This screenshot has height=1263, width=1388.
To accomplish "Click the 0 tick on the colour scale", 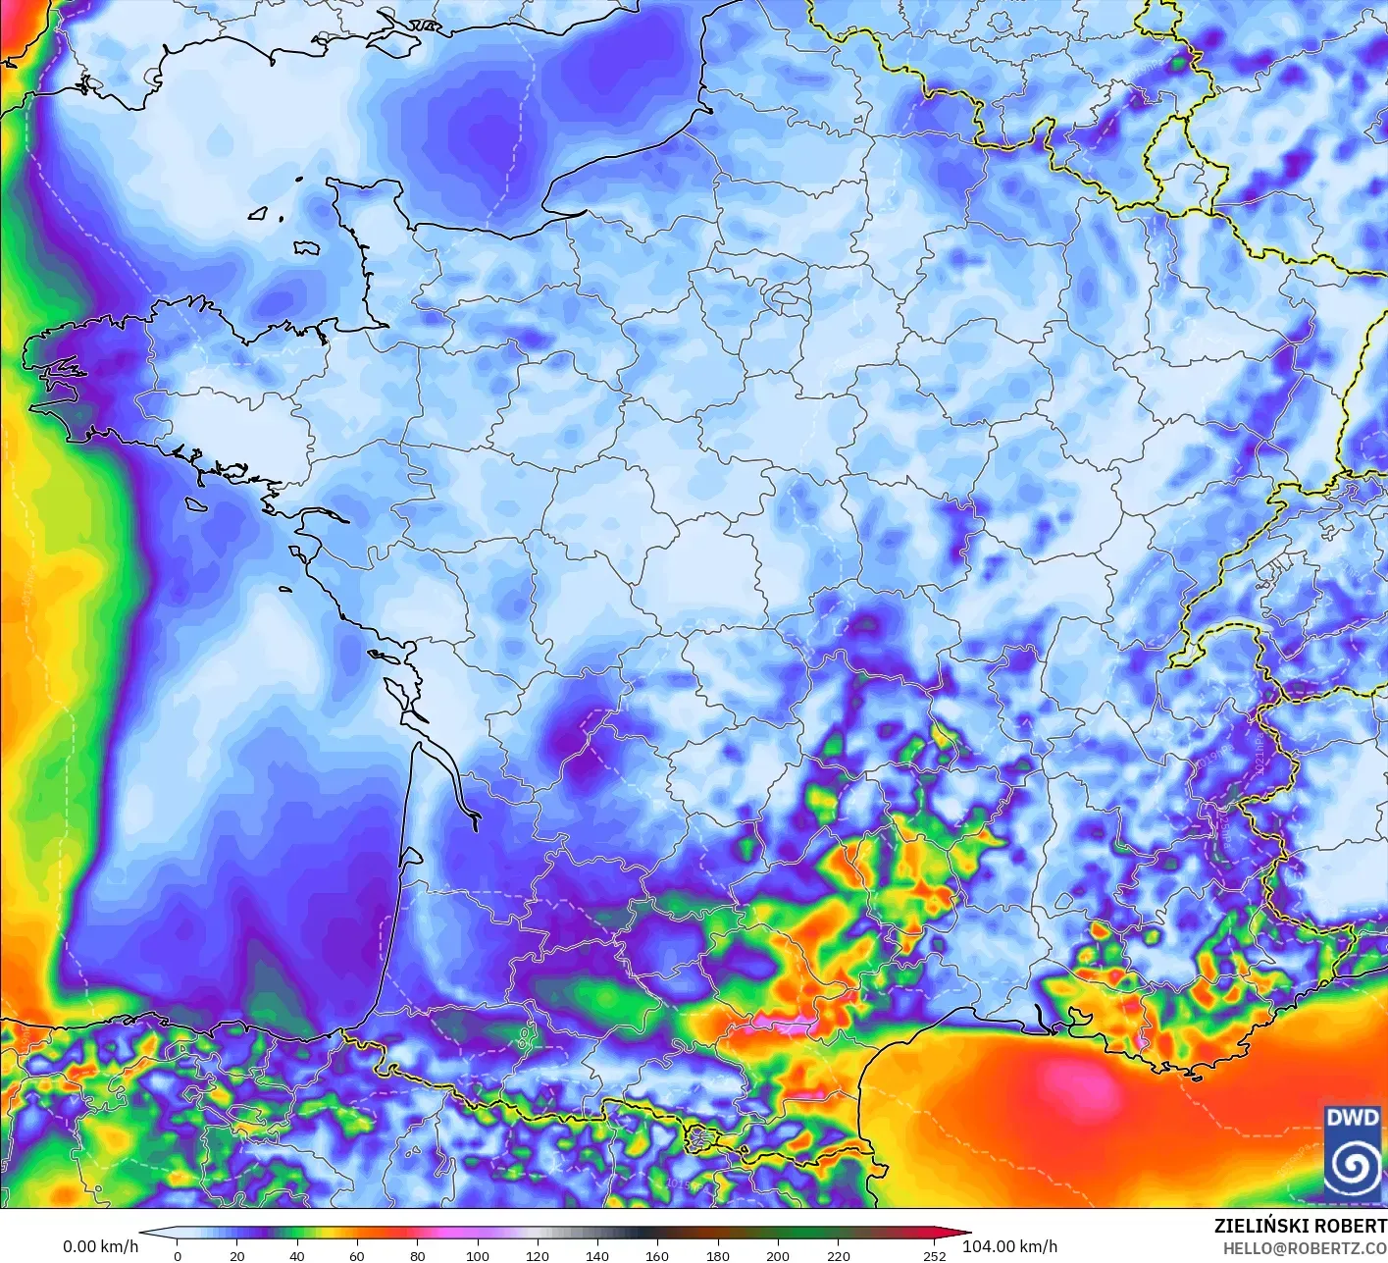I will tap(178, 1255).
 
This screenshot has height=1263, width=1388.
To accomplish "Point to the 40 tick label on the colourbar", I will tap(297, 1255).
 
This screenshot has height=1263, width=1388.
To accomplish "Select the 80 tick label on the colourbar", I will tap(417, 1255).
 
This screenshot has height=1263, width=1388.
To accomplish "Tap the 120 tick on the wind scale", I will tap(537, 1255).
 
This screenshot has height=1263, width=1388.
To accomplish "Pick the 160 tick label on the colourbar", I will tap(657, 1255).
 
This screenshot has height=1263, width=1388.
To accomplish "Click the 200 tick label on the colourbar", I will tap(777, 1255).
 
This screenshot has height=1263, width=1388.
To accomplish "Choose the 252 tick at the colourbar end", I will tap(934, 1255).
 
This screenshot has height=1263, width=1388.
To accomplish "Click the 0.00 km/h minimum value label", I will tap(100, 1246).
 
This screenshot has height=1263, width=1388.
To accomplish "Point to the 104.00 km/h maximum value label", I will tap(1009, 1246).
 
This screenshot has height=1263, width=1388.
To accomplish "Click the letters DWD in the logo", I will tap(1352, 1118).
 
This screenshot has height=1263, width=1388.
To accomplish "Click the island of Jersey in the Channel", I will tap(307, 248).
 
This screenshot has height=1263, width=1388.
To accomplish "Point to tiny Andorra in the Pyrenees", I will tap(700, 1138).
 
